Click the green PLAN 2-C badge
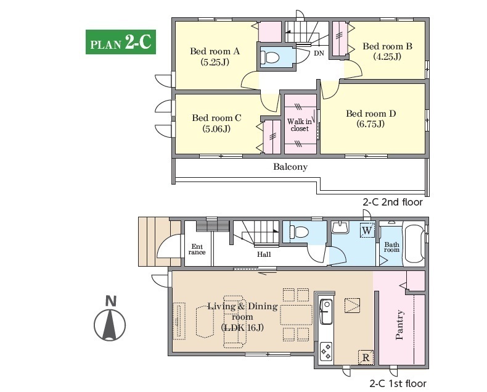[120, 42]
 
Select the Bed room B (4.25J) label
[387, 51]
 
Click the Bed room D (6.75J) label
[371, 119]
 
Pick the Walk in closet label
[300, 125]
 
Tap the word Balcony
[290, 167]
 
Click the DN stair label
[319, 53]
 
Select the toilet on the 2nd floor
[270, 57]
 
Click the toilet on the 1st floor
[299, 231]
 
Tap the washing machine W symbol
[367, 230]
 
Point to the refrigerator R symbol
[366, 357]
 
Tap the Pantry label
[399, 325]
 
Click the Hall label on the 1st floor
[264, 254]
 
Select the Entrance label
[197, 249]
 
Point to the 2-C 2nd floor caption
[393, 202]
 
